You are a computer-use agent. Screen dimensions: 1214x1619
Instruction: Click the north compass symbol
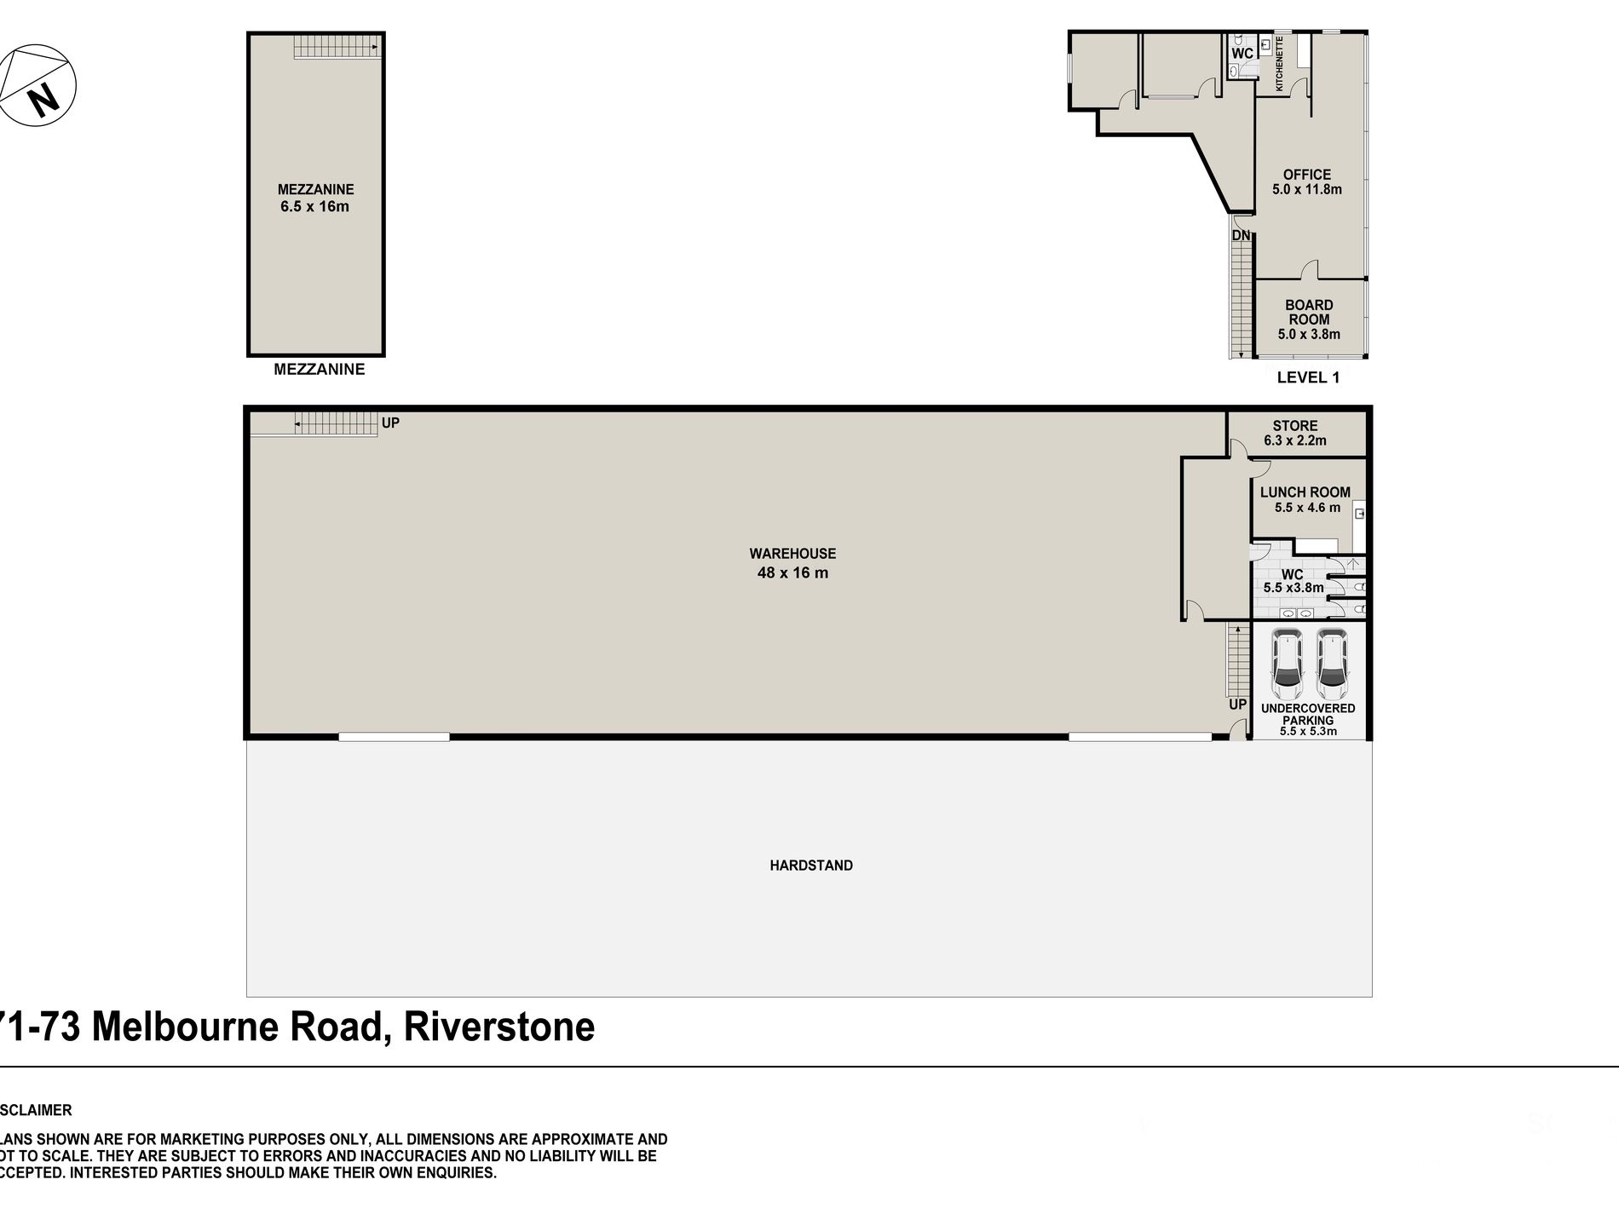[x=38, y=87]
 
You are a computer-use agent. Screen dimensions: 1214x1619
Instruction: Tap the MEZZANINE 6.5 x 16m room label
[x=315, y=198]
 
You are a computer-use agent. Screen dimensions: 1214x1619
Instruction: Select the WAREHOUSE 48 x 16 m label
[x=792, y=563]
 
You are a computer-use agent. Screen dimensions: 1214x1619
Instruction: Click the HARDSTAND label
[x=811, y=866]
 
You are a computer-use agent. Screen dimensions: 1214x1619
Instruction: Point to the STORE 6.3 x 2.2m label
[x=1295, y=433]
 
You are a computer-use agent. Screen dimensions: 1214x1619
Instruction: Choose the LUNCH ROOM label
[x=1305, y=492]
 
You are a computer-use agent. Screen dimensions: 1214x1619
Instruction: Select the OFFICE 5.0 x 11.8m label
[x=1307, y=181]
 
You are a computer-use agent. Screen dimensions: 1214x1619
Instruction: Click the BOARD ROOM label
[x=1309, y=312]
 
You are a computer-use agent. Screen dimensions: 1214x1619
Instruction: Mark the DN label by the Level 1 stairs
[x=1242, y=235]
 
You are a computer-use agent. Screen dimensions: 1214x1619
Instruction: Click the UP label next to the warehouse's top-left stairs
[x=390, y=423]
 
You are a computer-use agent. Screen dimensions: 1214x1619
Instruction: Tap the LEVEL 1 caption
[x=1308, y=377]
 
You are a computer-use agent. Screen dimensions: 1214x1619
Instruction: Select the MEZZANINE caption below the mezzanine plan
[x=319, y=369]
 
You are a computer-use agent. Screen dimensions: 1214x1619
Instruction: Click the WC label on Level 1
[x=1242, y=54]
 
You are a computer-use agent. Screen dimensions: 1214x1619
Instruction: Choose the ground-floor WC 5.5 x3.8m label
[x=1293, y=581]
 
